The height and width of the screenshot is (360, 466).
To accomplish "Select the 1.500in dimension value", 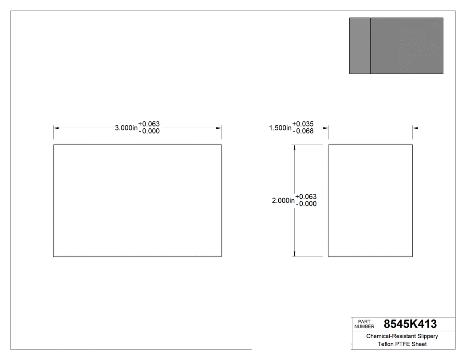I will tap(280, 128).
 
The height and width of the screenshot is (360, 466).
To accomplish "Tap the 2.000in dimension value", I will tap(283, 201).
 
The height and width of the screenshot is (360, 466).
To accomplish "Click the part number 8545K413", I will tap(410, 324).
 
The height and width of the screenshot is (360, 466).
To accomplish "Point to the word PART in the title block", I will tap(363, 322).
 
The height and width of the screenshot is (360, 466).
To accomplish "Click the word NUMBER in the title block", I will tap(364, 327).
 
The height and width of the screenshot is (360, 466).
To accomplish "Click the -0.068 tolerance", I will tap(303, 131).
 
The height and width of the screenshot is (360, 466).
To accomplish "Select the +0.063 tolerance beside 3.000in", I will tap(149, 124).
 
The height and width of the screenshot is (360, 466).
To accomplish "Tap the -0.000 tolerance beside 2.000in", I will tap(306, 204).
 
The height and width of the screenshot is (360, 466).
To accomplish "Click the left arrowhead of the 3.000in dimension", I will tap(56, 128).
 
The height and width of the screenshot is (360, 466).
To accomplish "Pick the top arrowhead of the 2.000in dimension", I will tap(294, 147).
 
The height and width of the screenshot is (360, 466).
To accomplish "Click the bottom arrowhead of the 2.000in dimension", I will tap(294, 253).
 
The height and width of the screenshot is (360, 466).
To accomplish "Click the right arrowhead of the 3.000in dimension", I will tap(219, 128).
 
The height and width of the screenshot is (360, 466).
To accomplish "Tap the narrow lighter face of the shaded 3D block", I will tap(359, 46).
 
